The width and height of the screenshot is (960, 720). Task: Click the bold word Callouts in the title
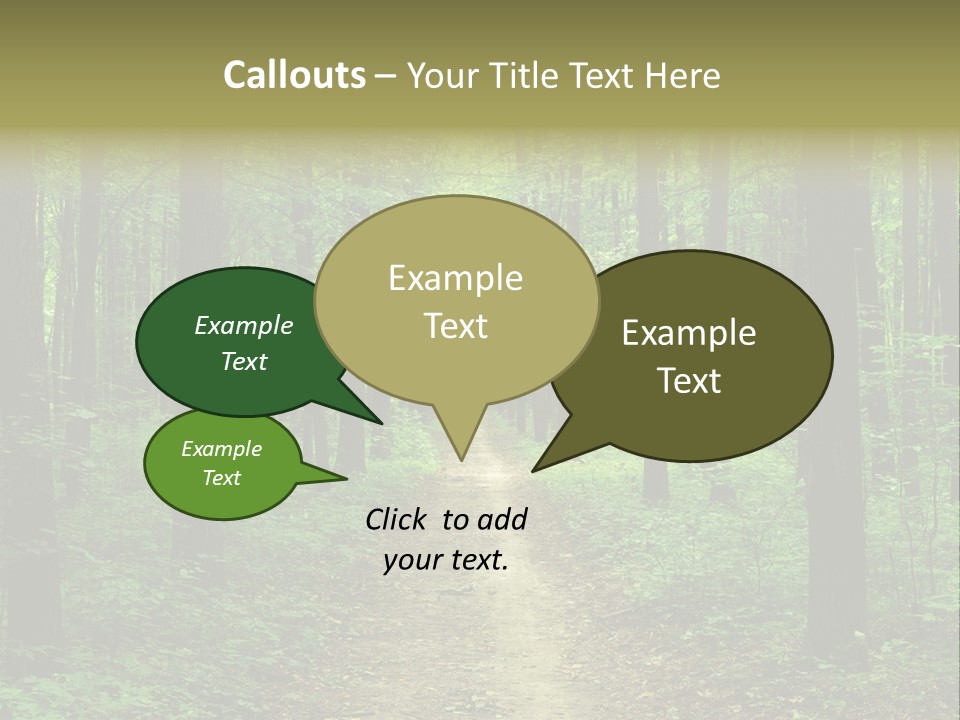tap(294, 75)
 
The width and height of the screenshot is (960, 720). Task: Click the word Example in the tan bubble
tap(455, 278)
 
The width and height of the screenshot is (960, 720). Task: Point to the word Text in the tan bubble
tap(455, 326)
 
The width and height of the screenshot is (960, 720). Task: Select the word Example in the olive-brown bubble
tap(689, 333)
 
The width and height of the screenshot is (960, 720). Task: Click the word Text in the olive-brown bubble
tap(689, 381)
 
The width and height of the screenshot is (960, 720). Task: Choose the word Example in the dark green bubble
tap(244, 326)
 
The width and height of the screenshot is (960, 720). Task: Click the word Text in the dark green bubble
tap(244, 362)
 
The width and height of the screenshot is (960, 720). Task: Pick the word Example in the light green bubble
tap(222, 449)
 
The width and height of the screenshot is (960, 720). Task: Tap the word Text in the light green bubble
tap(222, 478)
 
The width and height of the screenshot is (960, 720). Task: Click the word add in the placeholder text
tap(501, 519)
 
